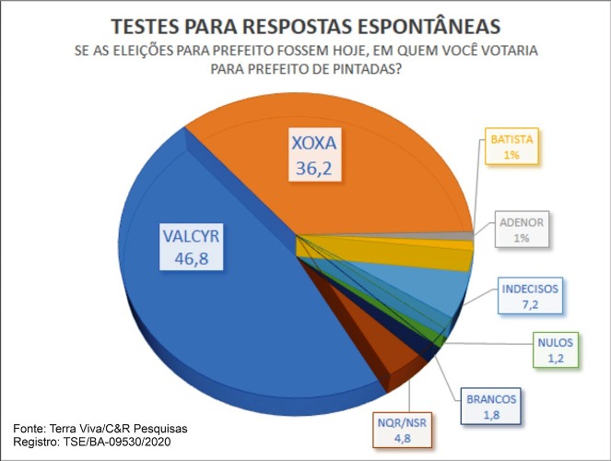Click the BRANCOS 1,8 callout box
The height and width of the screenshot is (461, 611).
pyautogui.click(x=491, y=408)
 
